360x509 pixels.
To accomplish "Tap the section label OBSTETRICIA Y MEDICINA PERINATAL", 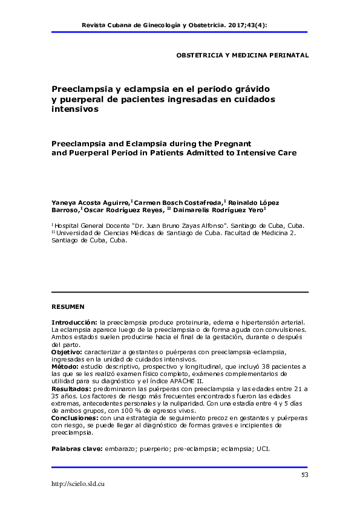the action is [242, 55].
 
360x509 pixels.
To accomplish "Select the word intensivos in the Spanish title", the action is [74, 110].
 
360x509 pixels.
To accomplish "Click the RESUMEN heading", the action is [68, 306].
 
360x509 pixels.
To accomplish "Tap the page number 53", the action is [304, 475].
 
